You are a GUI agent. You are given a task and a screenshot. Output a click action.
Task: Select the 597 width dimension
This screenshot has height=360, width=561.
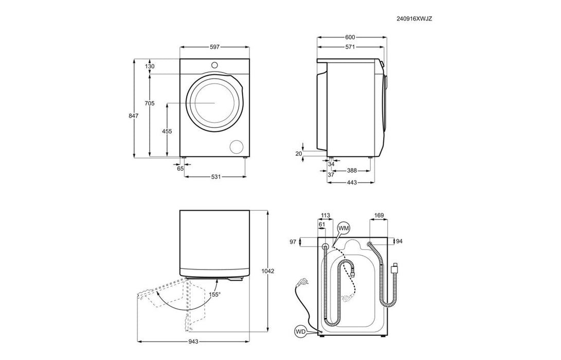[214, 47]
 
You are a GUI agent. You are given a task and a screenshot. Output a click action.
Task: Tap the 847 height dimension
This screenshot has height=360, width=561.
[134, 116]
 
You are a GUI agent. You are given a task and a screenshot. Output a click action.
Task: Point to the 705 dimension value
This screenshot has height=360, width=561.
[149, 103]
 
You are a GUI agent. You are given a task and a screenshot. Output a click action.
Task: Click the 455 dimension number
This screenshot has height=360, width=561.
[167, 131]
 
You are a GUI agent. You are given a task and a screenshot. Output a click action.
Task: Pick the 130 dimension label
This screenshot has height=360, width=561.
[150, 66]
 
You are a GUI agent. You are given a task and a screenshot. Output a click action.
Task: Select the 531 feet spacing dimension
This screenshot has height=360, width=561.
[215, 177]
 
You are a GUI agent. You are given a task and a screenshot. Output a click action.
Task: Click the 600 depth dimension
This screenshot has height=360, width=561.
[350, 37]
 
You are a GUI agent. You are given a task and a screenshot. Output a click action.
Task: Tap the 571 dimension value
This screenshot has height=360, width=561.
[350, 47]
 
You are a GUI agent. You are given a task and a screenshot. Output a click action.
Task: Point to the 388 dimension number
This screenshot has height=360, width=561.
[352, 171]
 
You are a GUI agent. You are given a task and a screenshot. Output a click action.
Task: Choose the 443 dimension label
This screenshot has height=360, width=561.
[352, 183]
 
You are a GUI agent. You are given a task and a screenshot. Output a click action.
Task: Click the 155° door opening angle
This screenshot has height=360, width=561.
[214, 295]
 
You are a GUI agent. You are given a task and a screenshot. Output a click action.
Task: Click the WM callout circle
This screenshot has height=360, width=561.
[343, 227]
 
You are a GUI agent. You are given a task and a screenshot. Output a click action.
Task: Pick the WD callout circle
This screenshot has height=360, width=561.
[301, 332]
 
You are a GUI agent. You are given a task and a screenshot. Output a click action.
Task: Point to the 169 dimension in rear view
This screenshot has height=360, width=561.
[379, 215]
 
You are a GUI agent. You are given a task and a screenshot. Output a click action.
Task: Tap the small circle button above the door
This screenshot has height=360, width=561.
[215, 65]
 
